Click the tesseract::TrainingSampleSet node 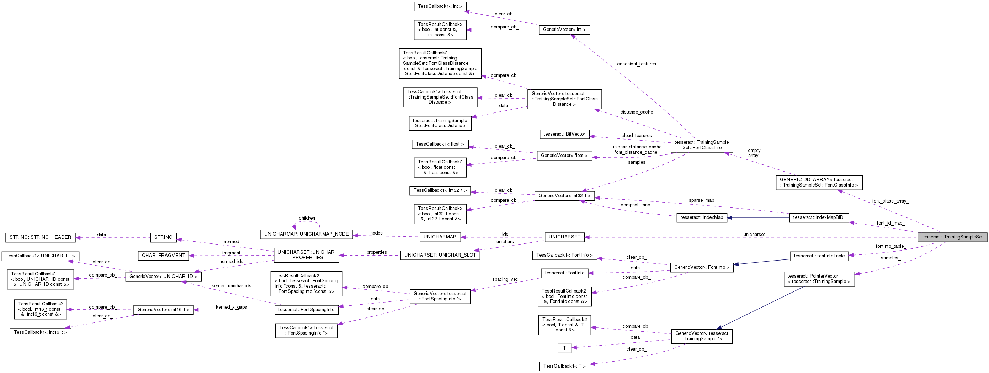952,237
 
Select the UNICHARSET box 564,237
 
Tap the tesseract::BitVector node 564,134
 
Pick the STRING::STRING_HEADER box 40,237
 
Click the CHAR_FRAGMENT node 163,256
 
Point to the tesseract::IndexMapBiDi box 819,217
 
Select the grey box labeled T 564,348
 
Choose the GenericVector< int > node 564,30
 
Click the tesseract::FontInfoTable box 819,256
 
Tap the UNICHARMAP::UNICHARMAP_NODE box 307,234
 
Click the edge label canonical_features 636,64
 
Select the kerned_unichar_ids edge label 231,286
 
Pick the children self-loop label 307,218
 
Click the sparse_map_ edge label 702,200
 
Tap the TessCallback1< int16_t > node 40,332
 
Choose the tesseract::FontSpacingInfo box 307,310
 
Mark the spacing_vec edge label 505,279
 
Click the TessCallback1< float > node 440,144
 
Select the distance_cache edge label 636,112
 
